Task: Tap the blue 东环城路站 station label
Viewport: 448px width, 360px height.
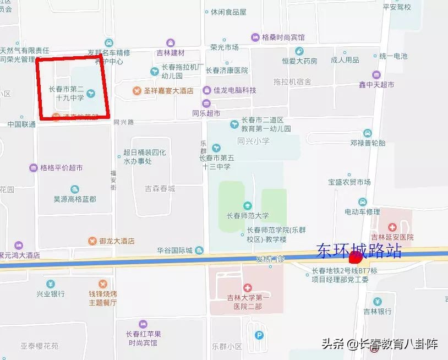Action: pos(358,251)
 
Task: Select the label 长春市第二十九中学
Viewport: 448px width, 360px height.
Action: pos(66,94)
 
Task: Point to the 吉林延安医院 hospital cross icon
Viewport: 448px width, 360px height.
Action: pos(392,227)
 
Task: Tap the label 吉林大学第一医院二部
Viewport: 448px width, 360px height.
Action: pos(248,302)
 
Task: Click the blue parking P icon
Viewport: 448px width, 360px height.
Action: pos(259,334)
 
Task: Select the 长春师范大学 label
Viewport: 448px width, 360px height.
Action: pos(248,216)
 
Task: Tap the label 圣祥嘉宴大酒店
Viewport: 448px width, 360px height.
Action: pos(168,90)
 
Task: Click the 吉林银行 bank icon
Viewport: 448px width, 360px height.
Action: pos(378,301)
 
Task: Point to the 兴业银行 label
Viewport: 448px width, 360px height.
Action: pos(51,294)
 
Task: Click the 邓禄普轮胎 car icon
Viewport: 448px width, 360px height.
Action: pos(368,133)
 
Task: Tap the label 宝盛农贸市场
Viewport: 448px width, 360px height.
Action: pos(349,182)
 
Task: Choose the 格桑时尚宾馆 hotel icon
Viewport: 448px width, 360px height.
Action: pos(255,37)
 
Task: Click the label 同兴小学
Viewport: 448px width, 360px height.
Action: pos(253,141)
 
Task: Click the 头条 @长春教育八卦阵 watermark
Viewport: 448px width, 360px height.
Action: pos(379,345)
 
